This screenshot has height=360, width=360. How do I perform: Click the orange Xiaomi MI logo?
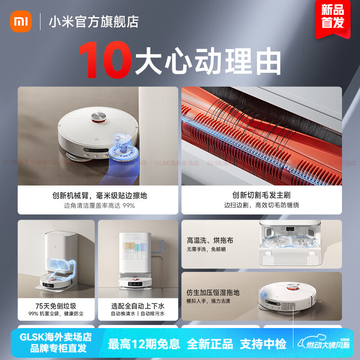pyautogui.click(x=21, y=21)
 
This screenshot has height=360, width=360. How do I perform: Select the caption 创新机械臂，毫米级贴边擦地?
pyautogui.click(x=99, y=195)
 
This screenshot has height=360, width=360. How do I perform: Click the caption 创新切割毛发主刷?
pyautogui.click(x=261, y=195)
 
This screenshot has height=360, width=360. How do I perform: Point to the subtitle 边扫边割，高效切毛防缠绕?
pyautogui.click(x=261, y=205)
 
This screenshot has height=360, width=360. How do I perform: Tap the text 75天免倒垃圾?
pyautogui.click(x=56, y=305)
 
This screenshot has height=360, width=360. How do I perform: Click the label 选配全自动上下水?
pyautogui.click(x=138, y=305)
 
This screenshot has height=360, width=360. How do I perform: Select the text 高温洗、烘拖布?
pyautogui.click(x=210, y=240)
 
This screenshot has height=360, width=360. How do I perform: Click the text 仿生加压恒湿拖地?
pyautogui.click(x=213, y=292)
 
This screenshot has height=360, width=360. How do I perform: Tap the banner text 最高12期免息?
pyautogui.click(x=144, y=344)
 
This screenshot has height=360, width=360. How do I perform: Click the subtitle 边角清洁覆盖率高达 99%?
pyautogui.click(x=99, y=205)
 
